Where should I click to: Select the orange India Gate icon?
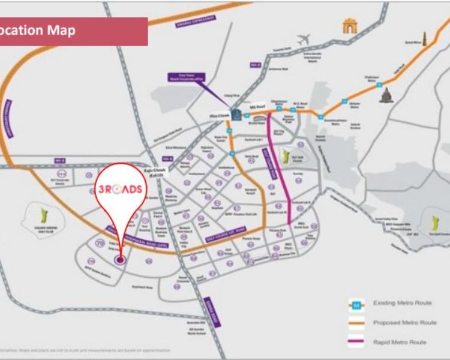pos(349,25)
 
